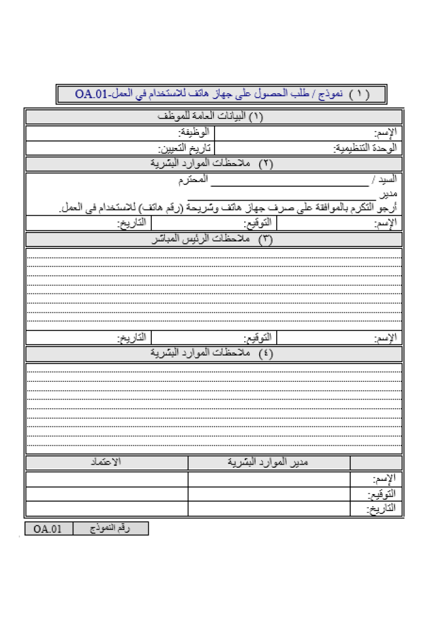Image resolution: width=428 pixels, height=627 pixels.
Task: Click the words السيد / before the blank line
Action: point(384,181)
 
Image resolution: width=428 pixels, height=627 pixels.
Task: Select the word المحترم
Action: point(192,181)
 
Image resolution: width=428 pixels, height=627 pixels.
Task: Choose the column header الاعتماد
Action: point(106,463)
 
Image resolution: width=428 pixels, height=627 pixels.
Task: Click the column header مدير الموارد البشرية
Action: point(269,463)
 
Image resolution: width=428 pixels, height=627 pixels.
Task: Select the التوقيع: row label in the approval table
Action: point(384,495)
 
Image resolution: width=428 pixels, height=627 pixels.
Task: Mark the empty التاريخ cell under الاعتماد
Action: point(106,509)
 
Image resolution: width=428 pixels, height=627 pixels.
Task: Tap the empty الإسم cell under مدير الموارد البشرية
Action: point(269,480)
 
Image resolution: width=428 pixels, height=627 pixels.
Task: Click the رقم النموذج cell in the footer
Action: point(110,529)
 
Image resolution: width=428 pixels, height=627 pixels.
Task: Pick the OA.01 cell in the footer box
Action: point(48,529)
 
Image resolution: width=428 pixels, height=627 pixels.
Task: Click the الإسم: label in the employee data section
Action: point(385,133)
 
